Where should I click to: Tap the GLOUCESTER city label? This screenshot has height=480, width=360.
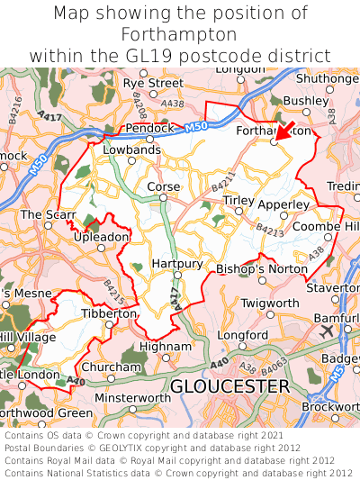point(229,386)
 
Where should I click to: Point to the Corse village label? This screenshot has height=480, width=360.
point(164,187)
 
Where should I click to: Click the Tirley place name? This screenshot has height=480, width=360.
point(238,200)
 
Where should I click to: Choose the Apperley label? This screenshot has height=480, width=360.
point(283,204)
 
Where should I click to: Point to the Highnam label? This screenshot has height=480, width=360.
point(166,346)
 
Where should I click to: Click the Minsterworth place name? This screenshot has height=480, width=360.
point(133,397)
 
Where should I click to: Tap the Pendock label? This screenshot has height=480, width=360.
point(148,128)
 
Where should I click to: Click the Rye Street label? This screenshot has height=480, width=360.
point(153,83)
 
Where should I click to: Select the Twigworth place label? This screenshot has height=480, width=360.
point(268,304)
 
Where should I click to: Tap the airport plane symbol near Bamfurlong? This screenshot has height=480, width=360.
point(325,331)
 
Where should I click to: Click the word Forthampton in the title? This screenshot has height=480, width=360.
point(179,34)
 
